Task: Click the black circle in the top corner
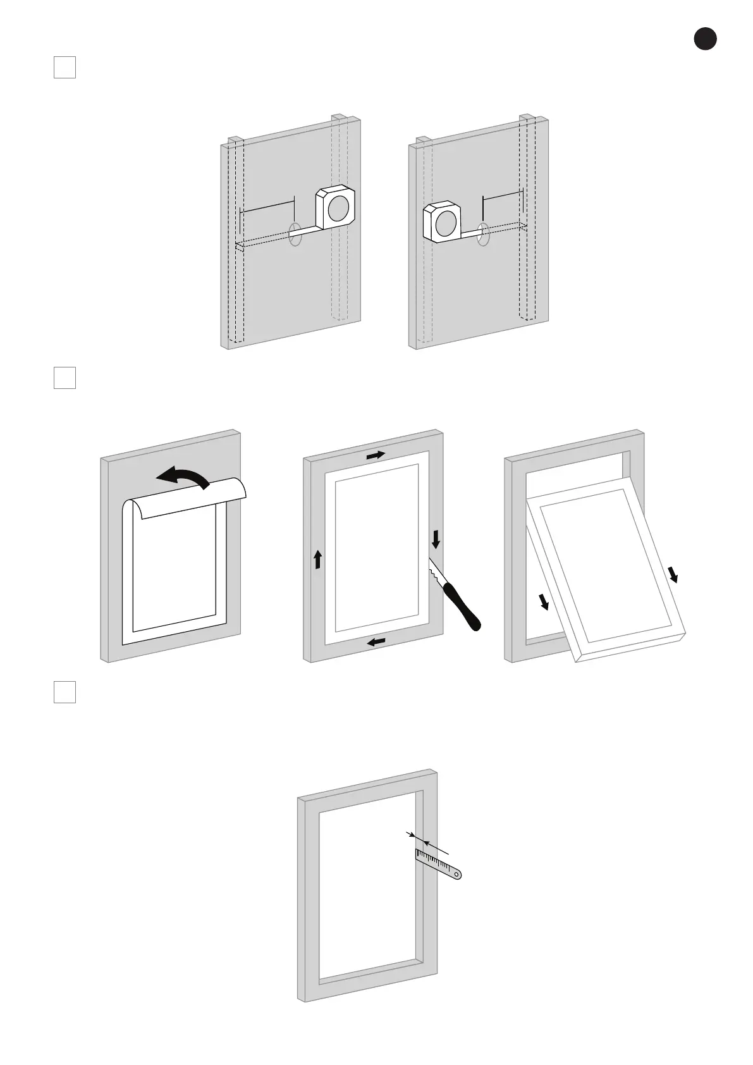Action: click(x=705, y=39)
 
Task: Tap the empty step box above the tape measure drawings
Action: click(x=64, y=68)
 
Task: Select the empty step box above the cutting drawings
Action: click(x=64, y=378)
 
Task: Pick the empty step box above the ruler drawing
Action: click(x=64, y=692)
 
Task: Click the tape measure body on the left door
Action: click(x=335, y=207)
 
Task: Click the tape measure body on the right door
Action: click(x=442, y=223)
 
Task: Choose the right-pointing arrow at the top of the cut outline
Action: click(x=376, y=455)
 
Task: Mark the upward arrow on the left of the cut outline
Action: click(x=318, y=559)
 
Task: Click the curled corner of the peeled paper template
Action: click(x=236, y=488)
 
